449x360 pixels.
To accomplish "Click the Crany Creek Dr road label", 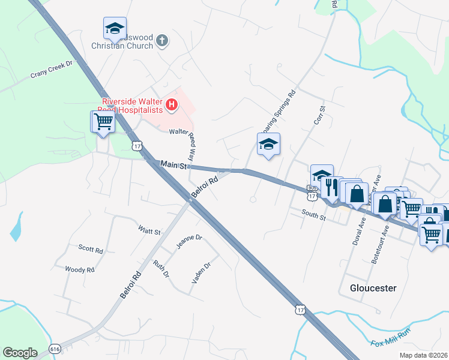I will pos(52,70).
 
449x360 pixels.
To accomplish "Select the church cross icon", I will pos(161,41).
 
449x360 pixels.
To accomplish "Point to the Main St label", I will pos(173,164).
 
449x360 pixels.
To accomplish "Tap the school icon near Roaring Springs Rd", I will pos(268,144).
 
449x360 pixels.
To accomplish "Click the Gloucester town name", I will pos(373,288).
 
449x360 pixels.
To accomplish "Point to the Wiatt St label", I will pos(149,231).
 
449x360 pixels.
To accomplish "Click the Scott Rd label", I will pos(91,248).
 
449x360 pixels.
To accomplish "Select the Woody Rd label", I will pos(80,270).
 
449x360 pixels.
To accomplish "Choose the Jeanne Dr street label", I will pos(188,242).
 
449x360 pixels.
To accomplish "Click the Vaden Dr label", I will pos(200,274).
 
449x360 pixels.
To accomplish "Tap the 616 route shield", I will pos(55,348).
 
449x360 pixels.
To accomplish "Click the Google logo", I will pos(20,353).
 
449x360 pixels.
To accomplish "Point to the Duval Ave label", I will pos(361,230).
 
